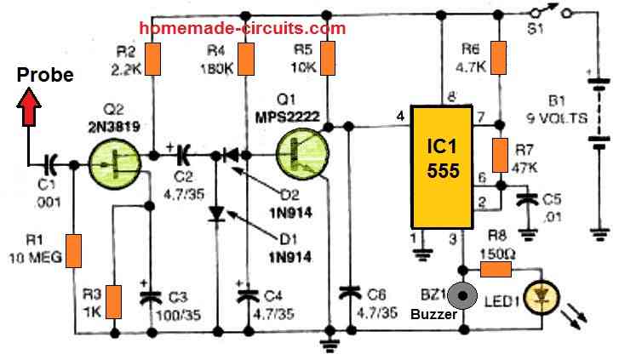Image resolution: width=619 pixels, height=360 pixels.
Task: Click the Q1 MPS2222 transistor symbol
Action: [x=301, y=157]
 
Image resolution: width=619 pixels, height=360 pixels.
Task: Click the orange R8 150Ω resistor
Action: [x=496, y=270]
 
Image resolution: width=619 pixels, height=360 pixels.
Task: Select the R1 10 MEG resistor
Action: [x=75, y=249]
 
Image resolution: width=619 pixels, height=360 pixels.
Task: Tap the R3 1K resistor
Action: [x=112, y=300]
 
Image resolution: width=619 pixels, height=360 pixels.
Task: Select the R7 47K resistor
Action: [x=501, y=157]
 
